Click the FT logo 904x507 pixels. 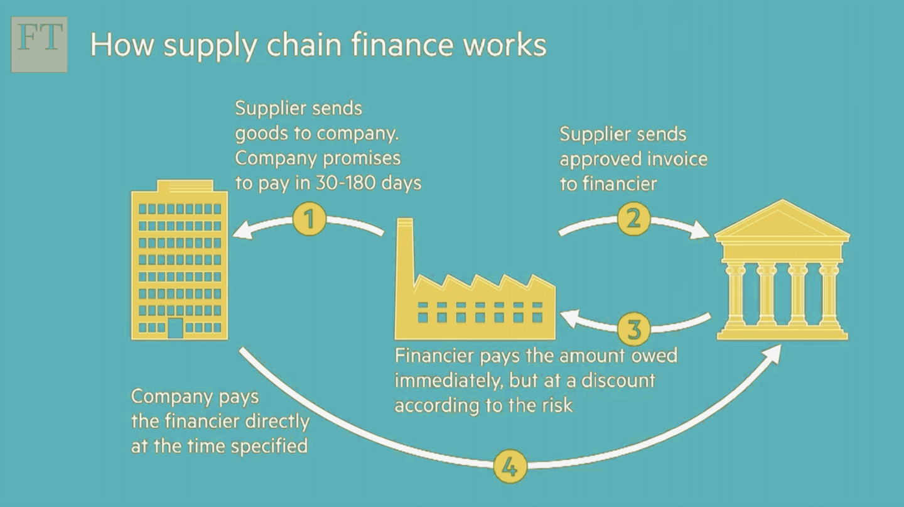(39, 44)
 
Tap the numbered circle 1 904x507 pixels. (309, 219)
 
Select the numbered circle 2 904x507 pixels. (634, 219)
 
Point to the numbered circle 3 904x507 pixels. (634, 329)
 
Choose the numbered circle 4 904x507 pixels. (510, 467)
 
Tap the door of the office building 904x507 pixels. (175, 328)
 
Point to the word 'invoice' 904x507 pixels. (677, 159)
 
